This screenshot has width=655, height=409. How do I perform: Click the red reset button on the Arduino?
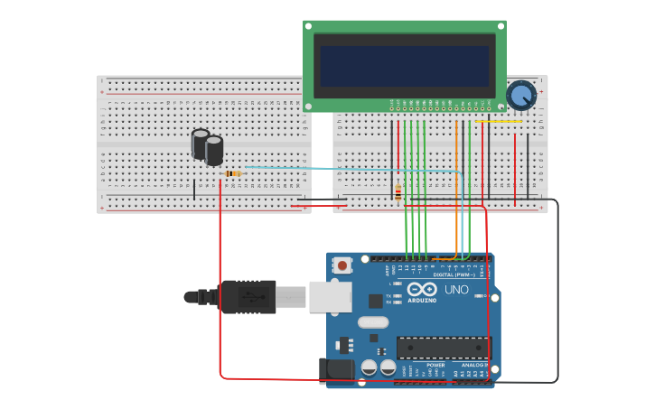point(342,265)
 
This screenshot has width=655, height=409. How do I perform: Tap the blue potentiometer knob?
point(521,95)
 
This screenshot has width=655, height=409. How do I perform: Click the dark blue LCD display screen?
point(404,66)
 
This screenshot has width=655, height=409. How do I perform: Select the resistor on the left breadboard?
point(233,173)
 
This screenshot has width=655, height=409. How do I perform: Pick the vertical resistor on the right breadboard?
point(398,191)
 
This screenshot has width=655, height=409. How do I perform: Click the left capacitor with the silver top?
point(201,144)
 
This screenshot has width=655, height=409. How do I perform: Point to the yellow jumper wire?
point(498,121)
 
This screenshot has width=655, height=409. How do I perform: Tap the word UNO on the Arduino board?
point(456,289)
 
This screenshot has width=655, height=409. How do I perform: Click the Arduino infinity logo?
point(422,289)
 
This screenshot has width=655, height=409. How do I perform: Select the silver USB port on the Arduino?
point(330,296)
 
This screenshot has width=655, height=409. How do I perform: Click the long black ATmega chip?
point(444,348)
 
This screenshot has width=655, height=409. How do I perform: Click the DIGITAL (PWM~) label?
point(456,274)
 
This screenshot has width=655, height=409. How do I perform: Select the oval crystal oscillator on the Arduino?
point(372,322)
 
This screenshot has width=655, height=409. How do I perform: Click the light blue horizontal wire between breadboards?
point(343,168)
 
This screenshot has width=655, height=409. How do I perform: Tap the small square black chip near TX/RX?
point(376,301)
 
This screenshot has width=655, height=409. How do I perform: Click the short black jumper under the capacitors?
point(194,189)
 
